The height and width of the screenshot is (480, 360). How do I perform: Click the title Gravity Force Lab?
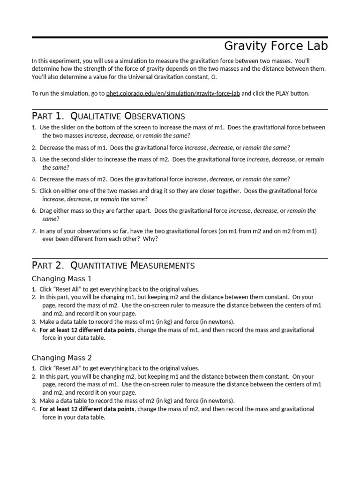click(x=276, y=46)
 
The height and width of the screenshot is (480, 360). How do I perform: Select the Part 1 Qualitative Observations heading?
click(x=108, y=116)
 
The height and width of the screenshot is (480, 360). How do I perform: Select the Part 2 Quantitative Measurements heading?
click(x=113, y=265)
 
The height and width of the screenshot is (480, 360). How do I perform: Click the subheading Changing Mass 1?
click(x=61, y=279)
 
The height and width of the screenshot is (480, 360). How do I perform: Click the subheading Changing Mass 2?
click(x=61, y=358)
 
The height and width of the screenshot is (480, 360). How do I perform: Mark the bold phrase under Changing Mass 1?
click(x=87, y=330)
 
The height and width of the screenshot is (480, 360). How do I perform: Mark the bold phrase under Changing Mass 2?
click(x=87, y=409)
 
